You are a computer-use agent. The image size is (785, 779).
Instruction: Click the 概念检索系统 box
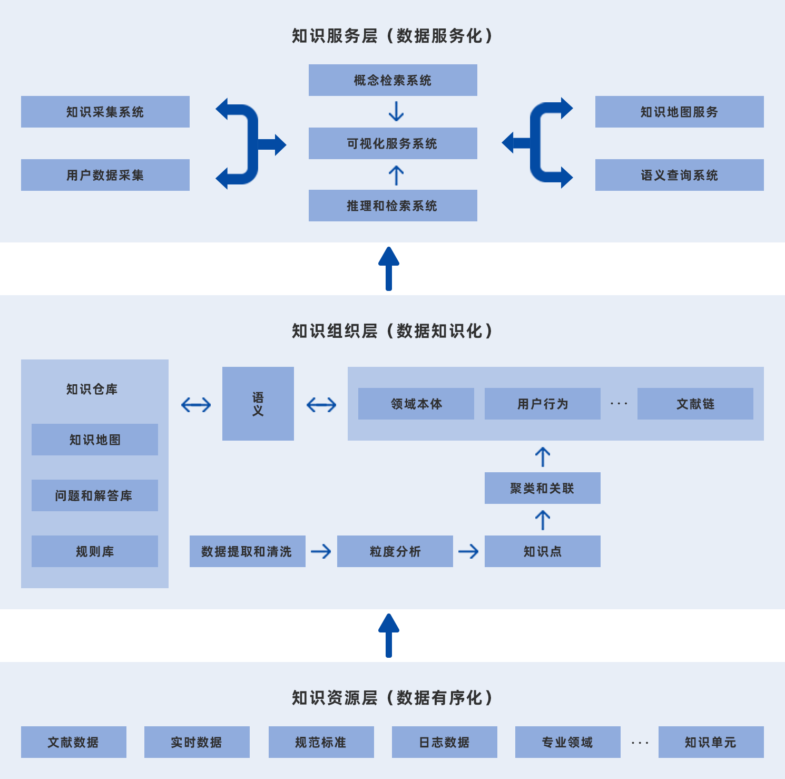pos(392,80)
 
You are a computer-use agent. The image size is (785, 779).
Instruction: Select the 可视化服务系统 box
pos(392,143)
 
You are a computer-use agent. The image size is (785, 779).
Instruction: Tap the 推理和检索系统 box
pos(392,206)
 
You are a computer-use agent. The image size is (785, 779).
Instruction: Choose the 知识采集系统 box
pos(105,112)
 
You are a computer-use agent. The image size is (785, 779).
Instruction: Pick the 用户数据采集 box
pos(105,175)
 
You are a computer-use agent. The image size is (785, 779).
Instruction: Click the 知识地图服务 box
pos(679,112)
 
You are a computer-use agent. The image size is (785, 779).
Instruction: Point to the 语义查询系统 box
pos(679,175)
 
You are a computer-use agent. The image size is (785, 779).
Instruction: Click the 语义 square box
pos(258,404)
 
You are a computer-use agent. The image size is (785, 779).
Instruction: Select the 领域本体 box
pos(416,404)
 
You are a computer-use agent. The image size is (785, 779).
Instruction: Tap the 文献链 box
pos(695,404)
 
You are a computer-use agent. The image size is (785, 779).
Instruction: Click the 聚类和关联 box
pos(542,488)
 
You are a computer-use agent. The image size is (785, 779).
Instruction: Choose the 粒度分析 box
pos(395,551)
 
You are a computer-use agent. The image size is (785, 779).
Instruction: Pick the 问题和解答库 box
pos(94,495)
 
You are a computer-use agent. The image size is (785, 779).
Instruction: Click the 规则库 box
pos(94,551)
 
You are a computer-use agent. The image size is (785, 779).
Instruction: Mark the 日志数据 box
pos(444,742)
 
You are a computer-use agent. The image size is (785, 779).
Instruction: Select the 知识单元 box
pos(711,742)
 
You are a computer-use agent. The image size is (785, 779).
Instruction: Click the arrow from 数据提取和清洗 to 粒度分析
pos(321,551)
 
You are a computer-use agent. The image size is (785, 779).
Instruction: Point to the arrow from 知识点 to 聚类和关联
pos(542,520)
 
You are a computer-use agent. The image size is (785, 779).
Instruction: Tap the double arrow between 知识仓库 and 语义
pos(195,405)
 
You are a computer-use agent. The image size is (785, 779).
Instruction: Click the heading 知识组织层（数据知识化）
pos(392,331)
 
